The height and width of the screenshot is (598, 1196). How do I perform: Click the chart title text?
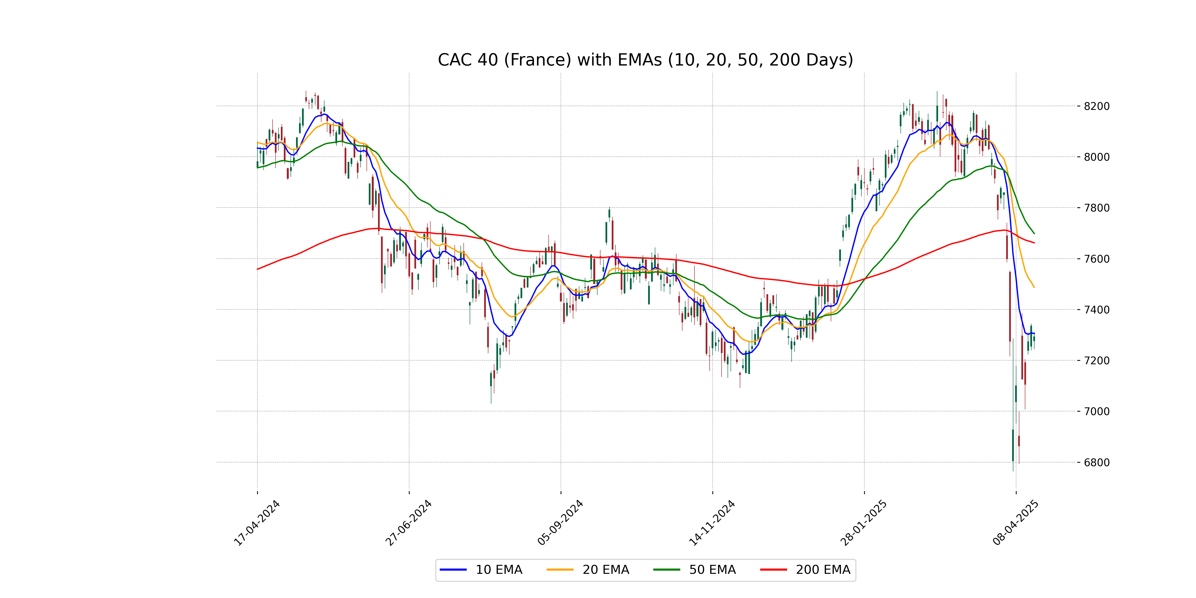(x=645, y=60)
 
